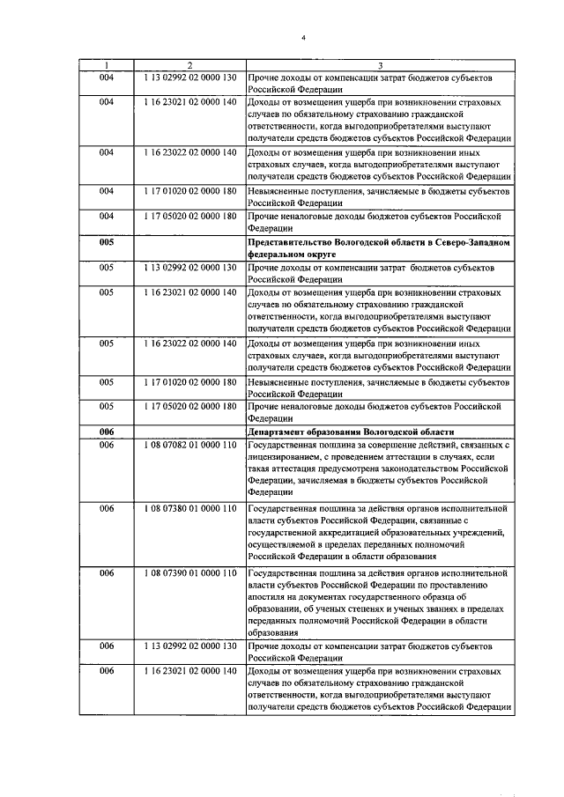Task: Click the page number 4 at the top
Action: (301, 38)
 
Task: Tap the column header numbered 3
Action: (380, 66)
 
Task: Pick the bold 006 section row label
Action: (108, 432)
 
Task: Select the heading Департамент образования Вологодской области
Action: (351, 432)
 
